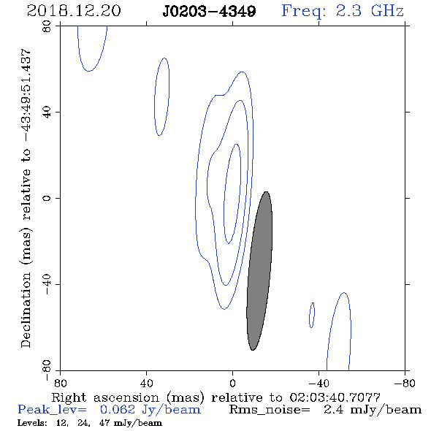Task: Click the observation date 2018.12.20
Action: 74,11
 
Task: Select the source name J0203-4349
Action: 209,11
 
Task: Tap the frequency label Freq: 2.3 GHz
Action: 343,11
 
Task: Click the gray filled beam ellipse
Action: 259,271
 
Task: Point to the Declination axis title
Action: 26,198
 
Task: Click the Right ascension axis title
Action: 216,397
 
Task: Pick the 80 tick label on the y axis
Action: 47,26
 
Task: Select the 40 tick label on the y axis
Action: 47,112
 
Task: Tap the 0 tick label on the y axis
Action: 47,198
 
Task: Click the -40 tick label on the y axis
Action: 47,284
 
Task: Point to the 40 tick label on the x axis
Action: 146,383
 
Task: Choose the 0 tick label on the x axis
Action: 232,383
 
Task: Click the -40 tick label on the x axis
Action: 319,383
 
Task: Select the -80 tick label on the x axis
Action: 405,383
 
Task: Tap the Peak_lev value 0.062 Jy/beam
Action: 150,410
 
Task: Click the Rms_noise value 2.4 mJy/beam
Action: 373,410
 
